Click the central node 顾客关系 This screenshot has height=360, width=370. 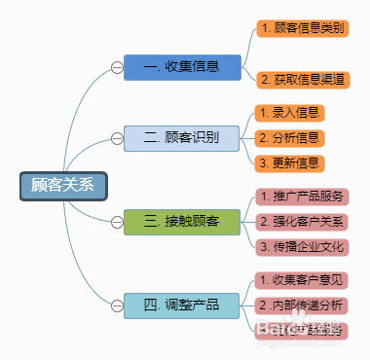(x=63, y=186)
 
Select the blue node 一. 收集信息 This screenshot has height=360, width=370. (x=181, y=67)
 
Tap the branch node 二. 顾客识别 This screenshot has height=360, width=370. (x=181, y=137)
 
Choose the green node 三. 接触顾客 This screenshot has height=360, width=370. (x=181, y=222)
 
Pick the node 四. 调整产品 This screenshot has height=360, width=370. (x=181, y=305)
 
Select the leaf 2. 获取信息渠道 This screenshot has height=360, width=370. (x=302, y=77)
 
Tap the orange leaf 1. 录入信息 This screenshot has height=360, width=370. (x=288, y=113)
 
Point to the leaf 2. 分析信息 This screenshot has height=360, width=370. (x=288, y=137)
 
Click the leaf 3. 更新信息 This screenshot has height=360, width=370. (x=288, y=162)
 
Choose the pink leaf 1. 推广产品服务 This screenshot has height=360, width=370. (x=302, y=198)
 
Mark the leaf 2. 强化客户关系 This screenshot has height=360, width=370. (x=302, y=222)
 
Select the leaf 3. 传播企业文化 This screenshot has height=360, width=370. (x=302, y=247)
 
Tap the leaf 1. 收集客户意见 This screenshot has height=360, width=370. (x=302, y=280)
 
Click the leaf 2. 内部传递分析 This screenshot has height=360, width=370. (x=302, y=306)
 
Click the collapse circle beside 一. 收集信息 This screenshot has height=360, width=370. (x=117, y=67)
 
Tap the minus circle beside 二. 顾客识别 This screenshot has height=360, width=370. (x=117, y=137)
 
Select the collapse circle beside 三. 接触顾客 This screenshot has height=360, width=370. (x=117, y=222)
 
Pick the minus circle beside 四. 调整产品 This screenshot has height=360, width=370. (x=117, y=305)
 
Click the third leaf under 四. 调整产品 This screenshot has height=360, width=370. (x=302, y=330)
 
